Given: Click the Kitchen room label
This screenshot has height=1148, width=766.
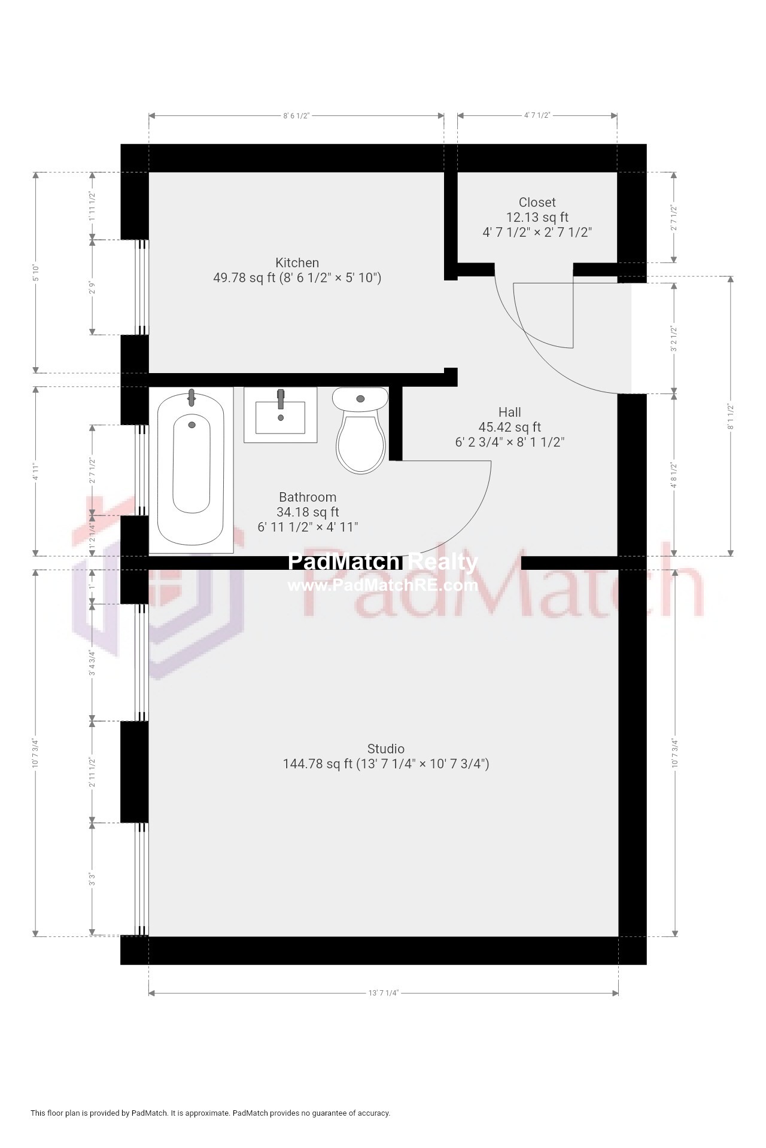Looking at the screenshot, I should coord(297,262).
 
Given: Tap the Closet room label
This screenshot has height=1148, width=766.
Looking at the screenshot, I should coord(537,202).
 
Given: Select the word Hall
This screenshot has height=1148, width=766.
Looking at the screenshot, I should coord(509,412).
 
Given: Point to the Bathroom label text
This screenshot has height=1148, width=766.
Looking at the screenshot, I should coord(308,497).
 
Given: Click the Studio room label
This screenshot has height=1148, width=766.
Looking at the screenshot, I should coord(385,749).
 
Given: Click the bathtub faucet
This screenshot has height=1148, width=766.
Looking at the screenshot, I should coord(191,397).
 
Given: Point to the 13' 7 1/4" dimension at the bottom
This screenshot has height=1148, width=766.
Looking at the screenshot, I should coord(383,993).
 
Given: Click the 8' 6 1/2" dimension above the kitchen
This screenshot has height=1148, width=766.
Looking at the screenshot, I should coord(296,115).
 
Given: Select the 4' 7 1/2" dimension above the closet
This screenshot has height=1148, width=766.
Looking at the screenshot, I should coord(537,115).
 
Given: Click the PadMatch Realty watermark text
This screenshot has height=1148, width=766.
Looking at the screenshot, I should coord(383,562).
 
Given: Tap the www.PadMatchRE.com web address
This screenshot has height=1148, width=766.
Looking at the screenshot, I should coord(383,585).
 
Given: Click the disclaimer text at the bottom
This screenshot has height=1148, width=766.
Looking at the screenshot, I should coord(210,1113).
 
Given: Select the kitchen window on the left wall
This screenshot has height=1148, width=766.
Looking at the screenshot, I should coord(141,287).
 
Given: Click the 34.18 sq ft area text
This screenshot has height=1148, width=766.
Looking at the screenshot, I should coord(308,512).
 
